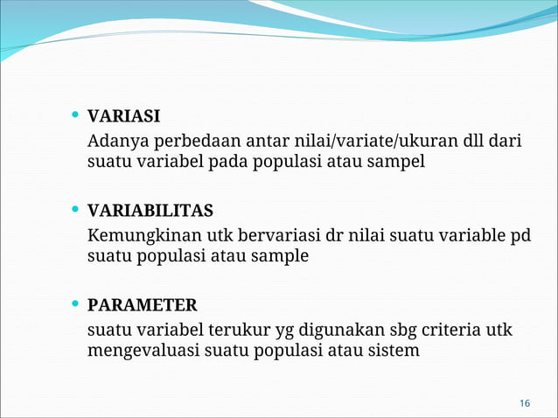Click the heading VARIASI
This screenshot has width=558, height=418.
pos(123,116)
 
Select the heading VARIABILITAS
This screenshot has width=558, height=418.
pos(150,211)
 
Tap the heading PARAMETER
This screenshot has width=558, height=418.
pos(142,305)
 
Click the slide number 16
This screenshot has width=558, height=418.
pos(524,402)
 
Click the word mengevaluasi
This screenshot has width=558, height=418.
pos(143,351)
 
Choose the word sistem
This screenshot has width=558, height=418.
pos(393,351)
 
